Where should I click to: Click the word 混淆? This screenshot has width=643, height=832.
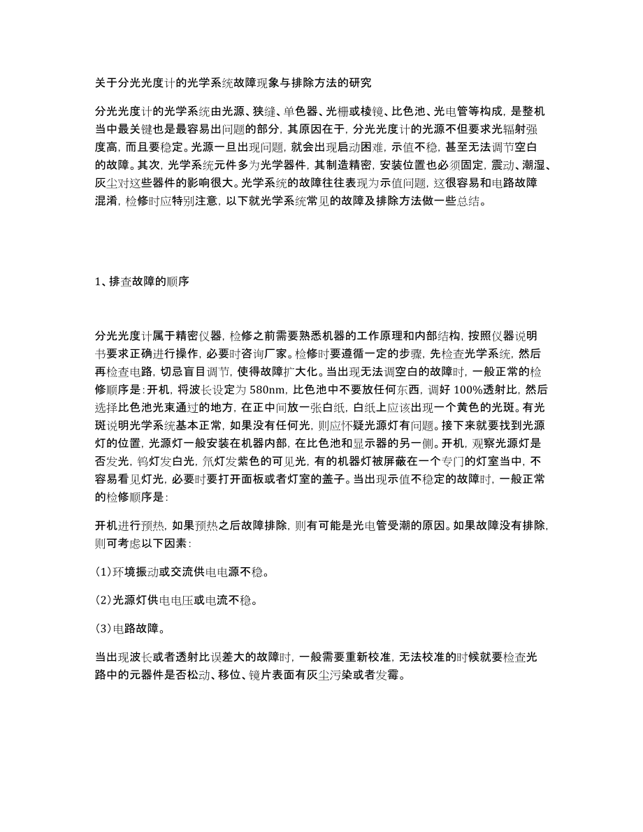click(x=107, y=203)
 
